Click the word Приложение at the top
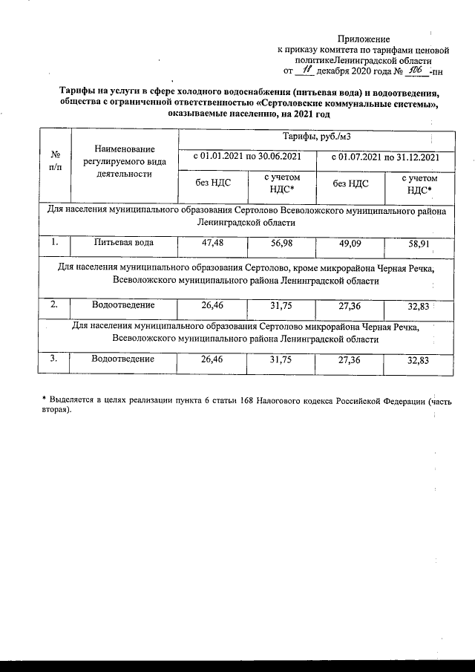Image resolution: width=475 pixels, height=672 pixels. [x=364, y=38]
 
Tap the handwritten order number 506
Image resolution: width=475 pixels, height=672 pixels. [x=416, y=70]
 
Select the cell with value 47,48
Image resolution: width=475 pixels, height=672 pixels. [x=212, y=242]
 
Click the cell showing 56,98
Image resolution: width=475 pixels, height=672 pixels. [x=281, y=242]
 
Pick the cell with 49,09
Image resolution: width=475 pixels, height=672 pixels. [x=350, y=242]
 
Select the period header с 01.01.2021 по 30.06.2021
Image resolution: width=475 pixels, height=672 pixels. [x=246, y=157]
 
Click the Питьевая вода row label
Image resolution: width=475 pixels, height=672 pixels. [x=123, y=242]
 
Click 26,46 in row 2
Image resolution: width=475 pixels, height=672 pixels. [x=212, y=305]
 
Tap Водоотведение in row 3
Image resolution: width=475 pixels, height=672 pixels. [x=123, y=359]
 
